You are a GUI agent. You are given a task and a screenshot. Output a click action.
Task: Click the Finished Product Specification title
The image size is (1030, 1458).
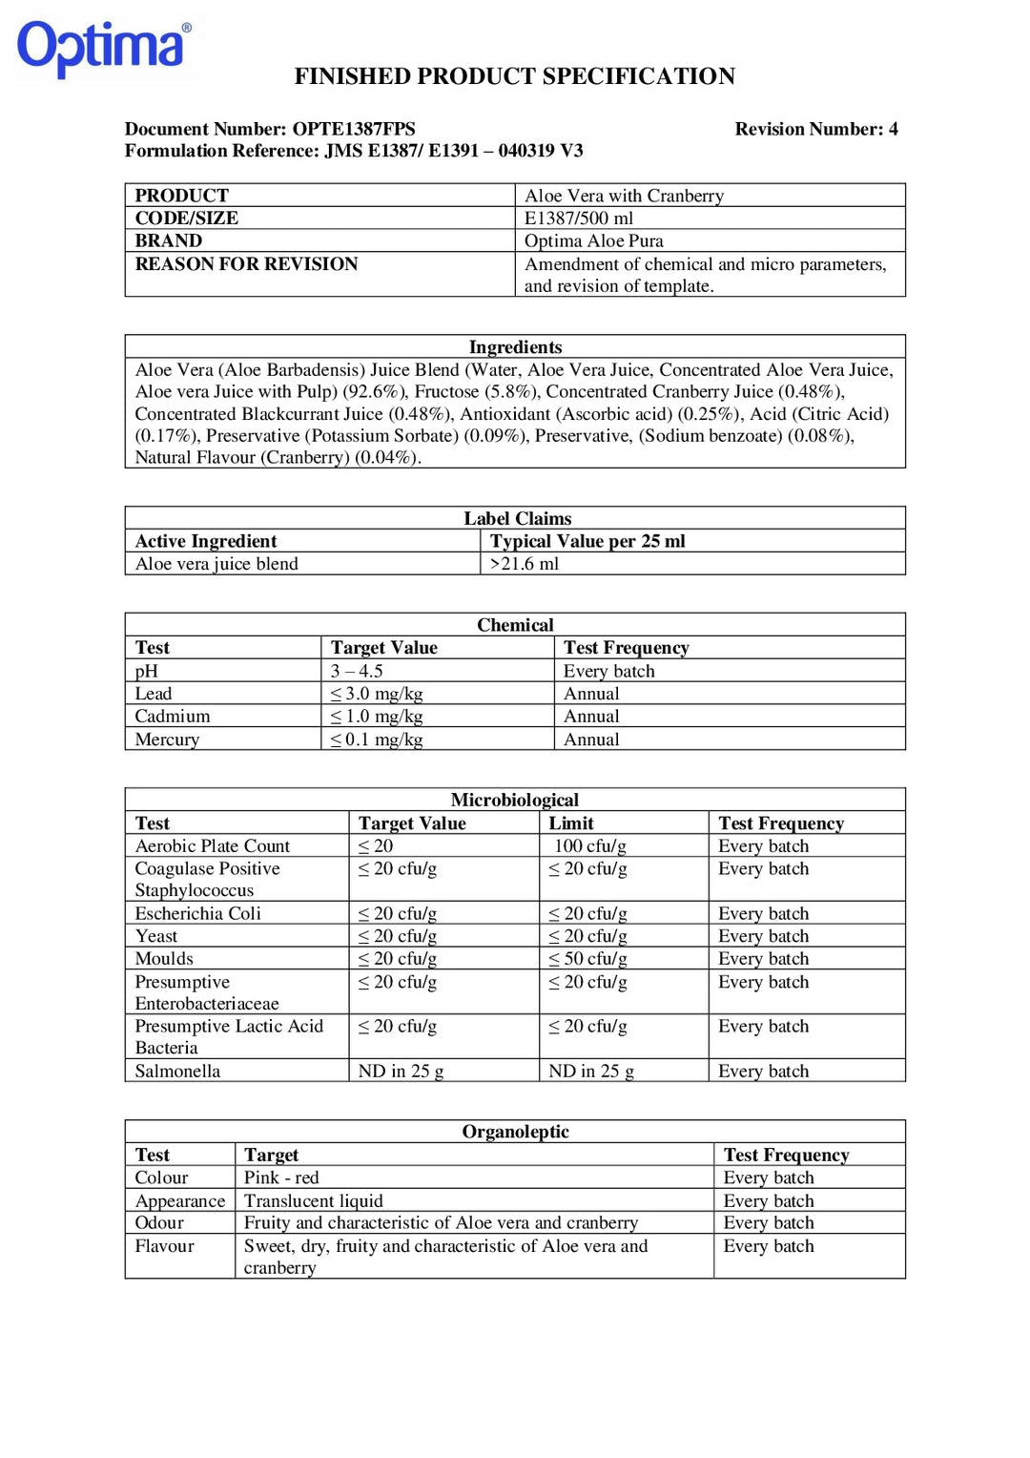click(x=514, y=76)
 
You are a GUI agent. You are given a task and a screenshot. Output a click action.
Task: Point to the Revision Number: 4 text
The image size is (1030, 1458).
click(x=815, y=129)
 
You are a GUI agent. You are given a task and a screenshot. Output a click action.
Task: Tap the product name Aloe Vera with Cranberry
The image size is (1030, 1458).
click(x=624, y=196)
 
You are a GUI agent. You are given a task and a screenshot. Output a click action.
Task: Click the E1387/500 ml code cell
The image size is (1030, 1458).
click(x=578, y=218)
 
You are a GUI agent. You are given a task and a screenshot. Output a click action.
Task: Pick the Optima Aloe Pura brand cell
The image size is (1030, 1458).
click(x=593, y=240)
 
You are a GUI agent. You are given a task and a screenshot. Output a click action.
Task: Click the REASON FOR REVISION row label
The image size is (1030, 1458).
click(x=246, y=263)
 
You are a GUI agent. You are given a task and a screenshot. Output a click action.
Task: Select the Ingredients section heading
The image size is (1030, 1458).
click(x=515, y=347)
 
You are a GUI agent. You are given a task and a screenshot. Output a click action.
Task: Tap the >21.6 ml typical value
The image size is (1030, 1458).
click(x=524, y=564)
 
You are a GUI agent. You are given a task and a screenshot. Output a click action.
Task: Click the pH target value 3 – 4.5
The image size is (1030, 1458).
click(x=357, y=671)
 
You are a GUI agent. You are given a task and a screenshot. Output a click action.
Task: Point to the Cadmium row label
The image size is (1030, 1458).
click(x=173, y=716)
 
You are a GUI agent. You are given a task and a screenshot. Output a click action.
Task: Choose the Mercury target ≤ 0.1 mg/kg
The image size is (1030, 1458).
click(x=377, y=739)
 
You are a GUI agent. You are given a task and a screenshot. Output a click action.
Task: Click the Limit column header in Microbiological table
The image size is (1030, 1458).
click(x=570, y=823)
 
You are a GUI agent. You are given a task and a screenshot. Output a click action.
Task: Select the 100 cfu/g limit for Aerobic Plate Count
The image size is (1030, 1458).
click(x=589, y=846)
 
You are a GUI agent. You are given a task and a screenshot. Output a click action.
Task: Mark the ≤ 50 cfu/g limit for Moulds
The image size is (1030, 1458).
click(x=587, y=959)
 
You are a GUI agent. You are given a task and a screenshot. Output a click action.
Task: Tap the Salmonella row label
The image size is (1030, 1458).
click(x=177, y=1071)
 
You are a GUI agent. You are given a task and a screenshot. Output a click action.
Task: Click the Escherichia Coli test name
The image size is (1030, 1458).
click(x=197, y=913)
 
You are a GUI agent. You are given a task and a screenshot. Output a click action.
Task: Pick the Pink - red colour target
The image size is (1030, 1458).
click(x=281, y=1177)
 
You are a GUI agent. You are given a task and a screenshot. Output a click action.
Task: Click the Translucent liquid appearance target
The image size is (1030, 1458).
click(x=313, y=1200)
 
